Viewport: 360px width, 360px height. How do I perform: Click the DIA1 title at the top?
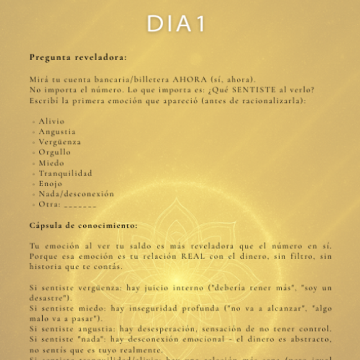tap(175, 24)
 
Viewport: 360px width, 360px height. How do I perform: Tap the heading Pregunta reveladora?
tap(78, 57)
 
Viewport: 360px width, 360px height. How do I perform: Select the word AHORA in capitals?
tap(175, 79)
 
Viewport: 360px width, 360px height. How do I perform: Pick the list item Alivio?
tap(51, 121)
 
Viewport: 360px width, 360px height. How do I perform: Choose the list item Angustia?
tap(57, 132)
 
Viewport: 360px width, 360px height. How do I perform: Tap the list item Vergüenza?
tap(60, 142)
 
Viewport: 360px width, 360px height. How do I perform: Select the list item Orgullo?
tap(55, 152)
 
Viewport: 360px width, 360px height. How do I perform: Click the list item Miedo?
tap(51, 163)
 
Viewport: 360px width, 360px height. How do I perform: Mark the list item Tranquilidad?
tap(65, 173)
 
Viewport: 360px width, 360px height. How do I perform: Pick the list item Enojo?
tap(51, 184)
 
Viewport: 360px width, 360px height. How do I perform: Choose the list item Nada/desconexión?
tap(76, 194)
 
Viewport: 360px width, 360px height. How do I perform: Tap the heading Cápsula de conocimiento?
tap(83, 226)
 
